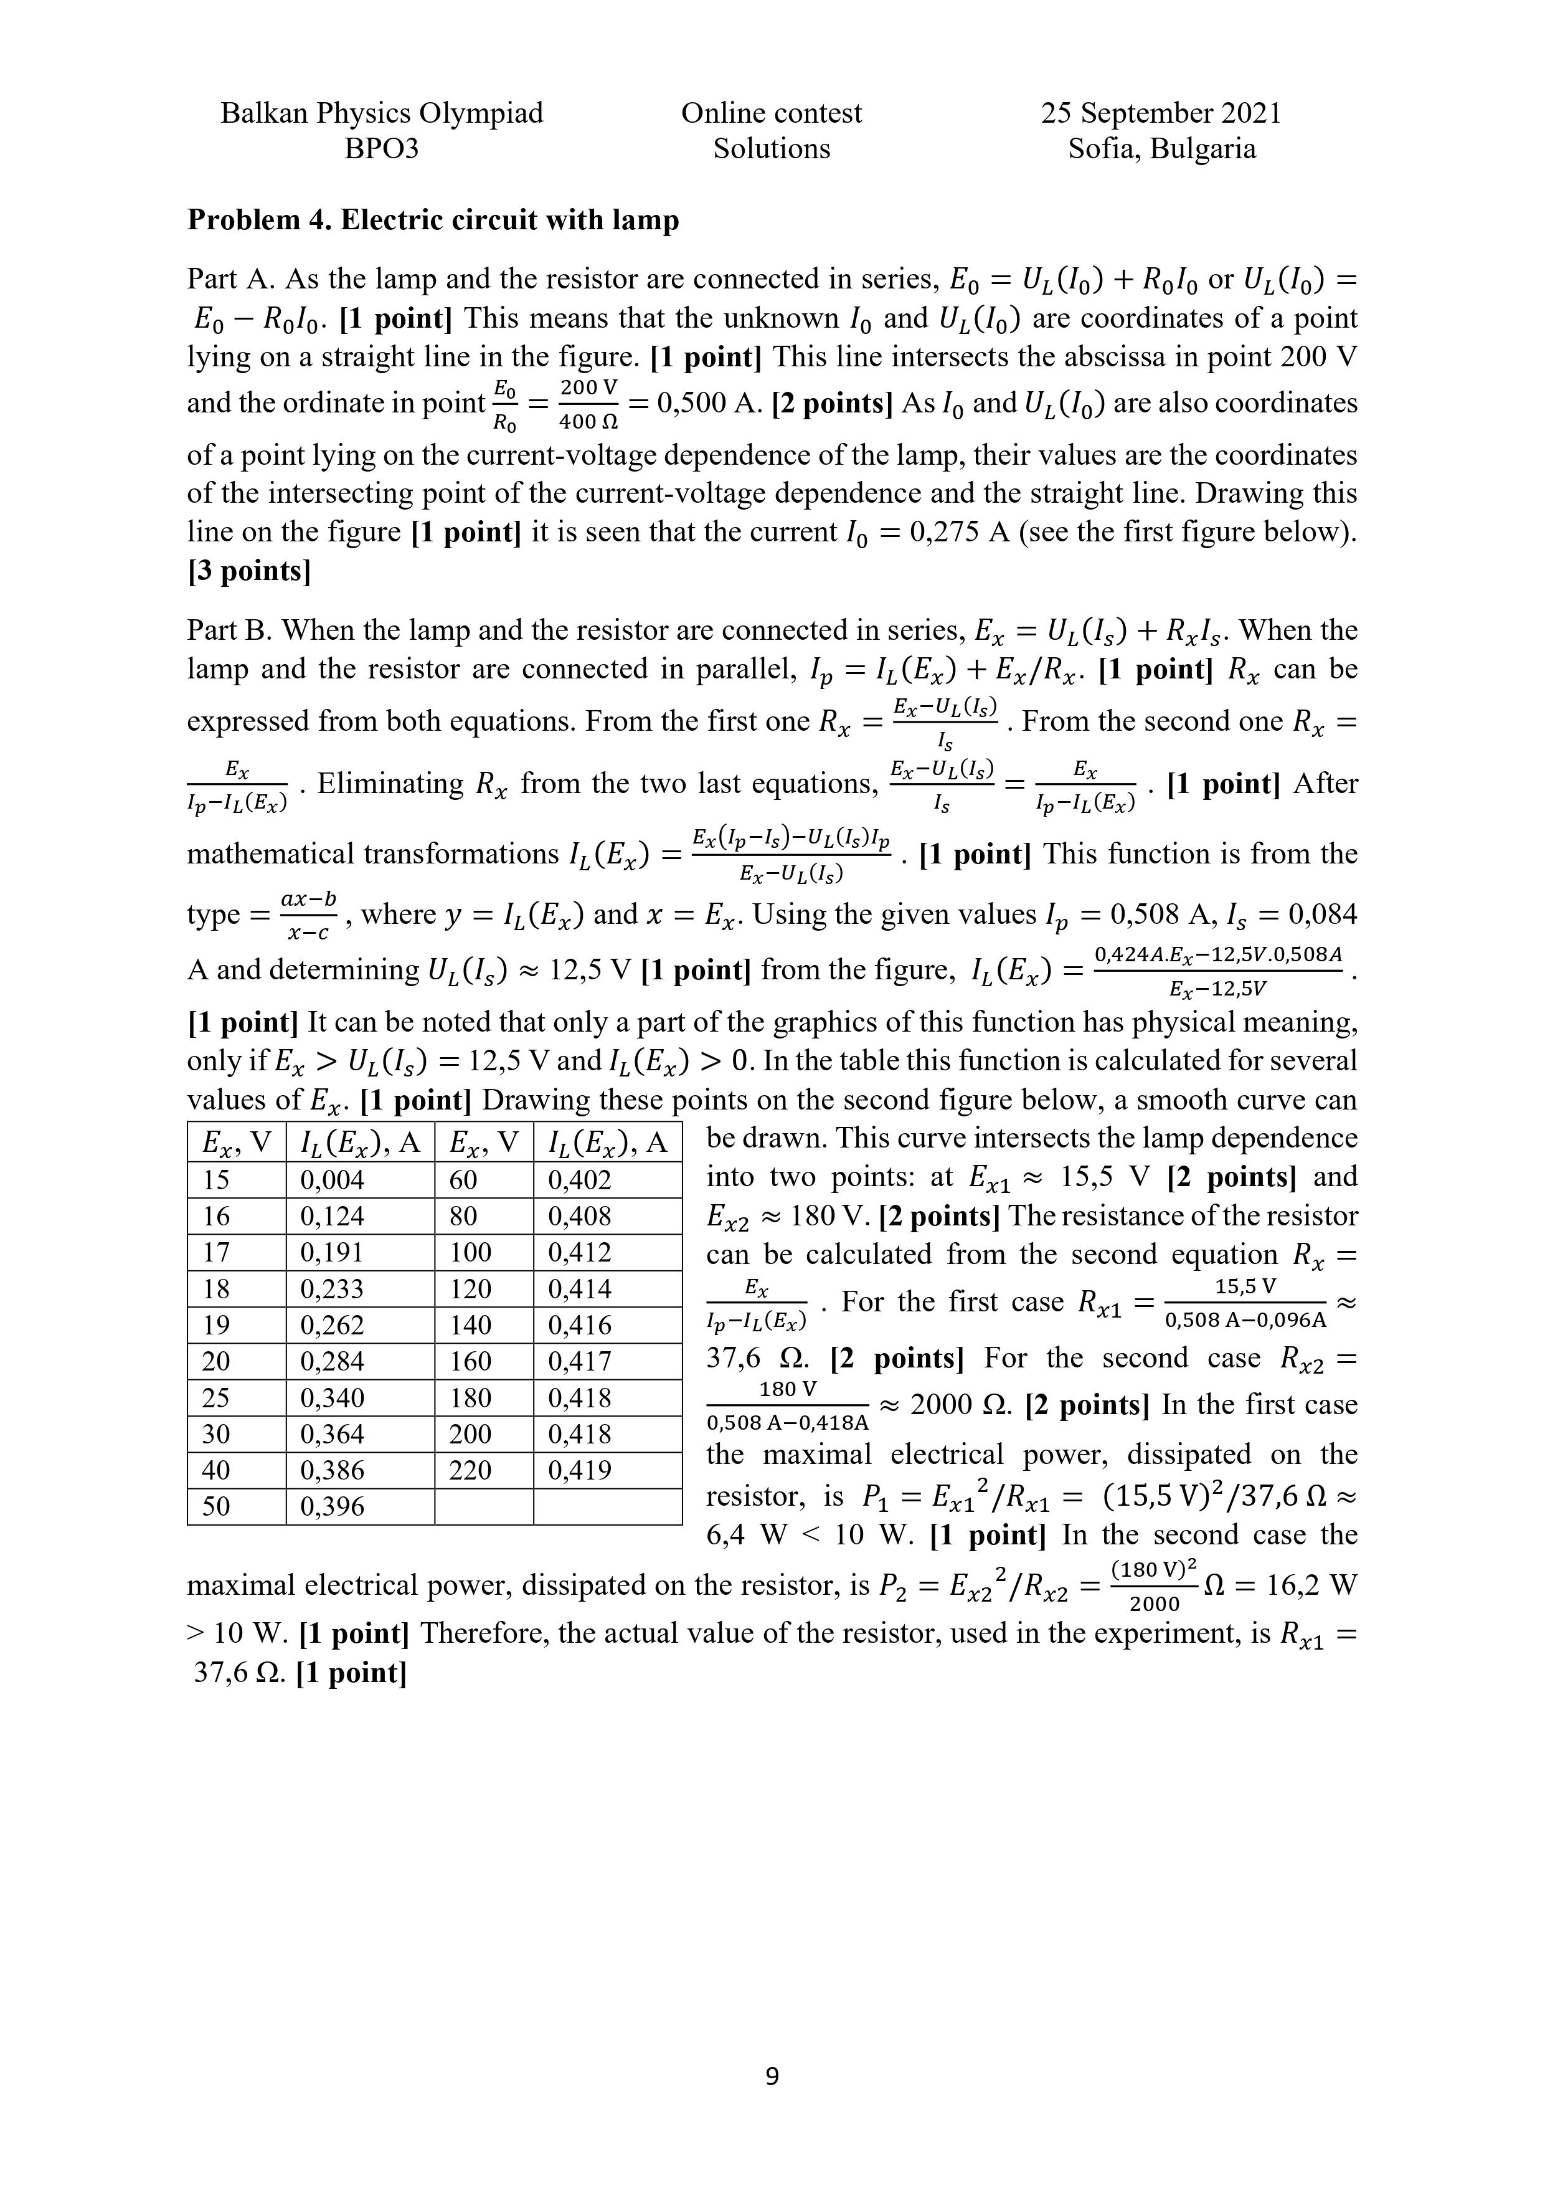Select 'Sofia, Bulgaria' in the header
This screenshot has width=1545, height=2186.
1161,148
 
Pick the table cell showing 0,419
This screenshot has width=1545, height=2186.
580,1471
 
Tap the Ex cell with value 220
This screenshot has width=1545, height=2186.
471,1471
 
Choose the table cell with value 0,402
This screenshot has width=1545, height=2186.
580,1181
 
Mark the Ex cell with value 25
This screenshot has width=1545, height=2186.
217,1398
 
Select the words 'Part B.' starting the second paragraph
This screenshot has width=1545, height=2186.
229,630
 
